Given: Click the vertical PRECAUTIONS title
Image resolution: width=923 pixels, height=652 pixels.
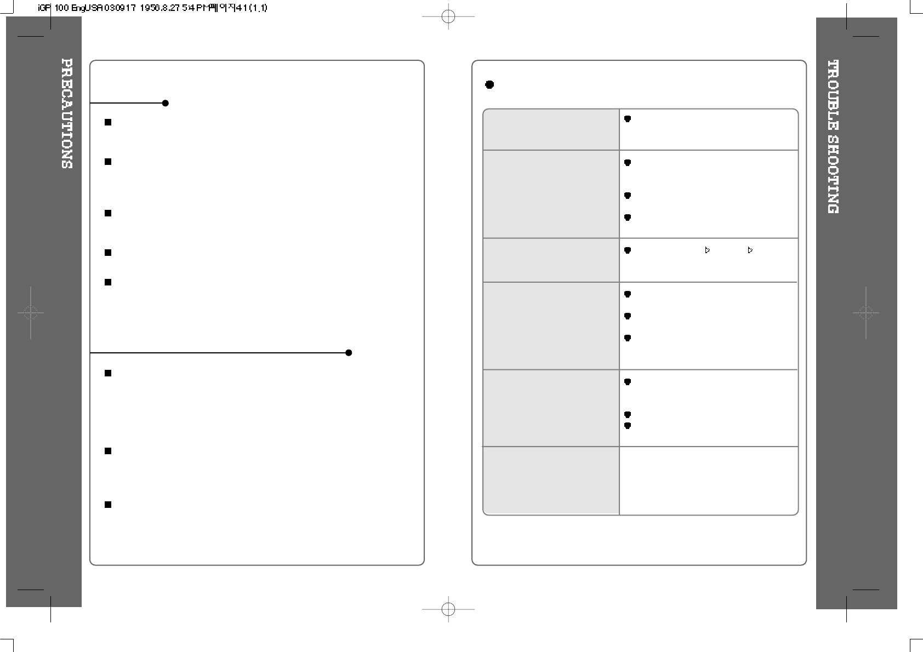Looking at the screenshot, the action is [x=67, y=113].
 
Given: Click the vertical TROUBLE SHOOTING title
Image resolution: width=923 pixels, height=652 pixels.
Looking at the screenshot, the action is [x=833, y=136].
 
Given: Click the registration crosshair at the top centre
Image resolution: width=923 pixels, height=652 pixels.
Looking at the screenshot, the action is [x=448, y=16].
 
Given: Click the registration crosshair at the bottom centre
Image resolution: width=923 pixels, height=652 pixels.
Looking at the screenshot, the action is [x=448, y=609].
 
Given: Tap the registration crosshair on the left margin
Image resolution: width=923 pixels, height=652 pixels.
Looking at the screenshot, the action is [x=31, y=313].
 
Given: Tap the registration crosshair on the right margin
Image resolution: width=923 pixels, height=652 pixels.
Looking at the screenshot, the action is [x=866, y=313].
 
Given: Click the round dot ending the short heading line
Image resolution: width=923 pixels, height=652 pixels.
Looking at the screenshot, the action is [x=166, y=103].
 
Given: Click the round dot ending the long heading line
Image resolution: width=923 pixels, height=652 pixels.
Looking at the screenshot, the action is [x=349, y=353].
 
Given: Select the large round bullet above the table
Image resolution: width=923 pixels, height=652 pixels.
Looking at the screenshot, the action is [x=490, y=85].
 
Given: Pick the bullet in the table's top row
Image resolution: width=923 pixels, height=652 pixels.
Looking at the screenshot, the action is [x=628, y=119].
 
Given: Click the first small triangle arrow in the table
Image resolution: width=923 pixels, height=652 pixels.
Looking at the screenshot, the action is [x=707, y=250].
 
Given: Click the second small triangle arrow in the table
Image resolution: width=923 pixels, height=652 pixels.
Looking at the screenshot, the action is [x=750, y=250].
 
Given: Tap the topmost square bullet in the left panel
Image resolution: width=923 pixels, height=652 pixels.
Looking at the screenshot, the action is [x=108, y=122].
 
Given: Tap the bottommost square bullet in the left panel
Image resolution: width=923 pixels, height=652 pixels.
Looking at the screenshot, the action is [x=108, y=505].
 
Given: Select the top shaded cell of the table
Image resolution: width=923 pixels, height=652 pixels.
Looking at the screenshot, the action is [x=551, y=130].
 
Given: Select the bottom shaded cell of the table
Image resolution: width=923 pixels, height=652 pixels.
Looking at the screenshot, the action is [x=551, y=481].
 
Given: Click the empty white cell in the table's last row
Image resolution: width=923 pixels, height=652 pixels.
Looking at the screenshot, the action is [x=708, y=481].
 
